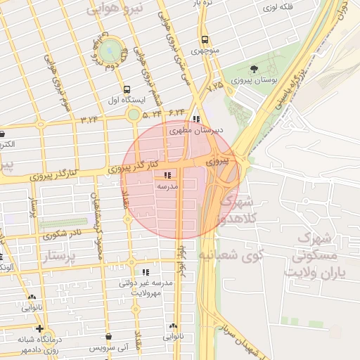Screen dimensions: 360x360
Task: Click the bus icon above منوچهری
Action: [204, 40]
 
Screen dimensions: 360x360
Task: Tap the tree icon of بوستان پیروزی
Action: [253, 69]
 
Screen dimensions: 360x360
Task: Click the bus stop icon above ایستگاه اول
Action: [127, 89]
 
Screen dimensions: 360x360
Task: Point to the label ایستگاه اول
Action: [126, 101]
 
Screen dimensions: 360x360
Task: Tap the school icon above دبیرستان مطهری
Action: [195, 119]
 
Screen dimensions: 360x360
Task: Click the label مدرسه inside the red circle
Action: [167, 186]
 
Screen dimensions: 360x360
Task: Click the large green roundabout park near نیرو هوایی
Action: [109, 50]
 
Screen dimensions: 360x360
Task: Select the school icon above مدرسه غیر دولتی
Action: [146, 272]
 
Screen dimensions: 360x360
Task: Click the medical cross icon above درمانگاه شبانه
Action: [39, 328]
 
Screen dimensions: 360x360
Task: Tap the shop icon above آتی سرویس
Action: [109, 337]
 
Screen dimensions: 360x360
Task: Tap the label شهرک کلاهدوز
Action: [230, 210]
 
